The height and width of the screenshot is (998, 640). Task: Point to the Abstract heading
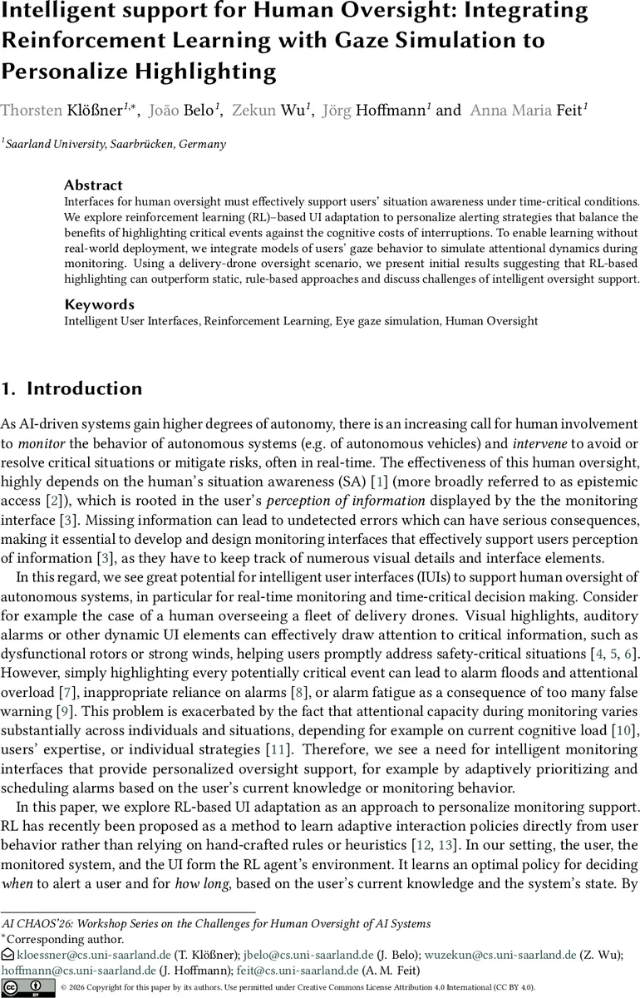[x=93, y=185]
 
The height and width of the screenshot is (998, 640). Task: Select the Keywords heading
[x=99, y=304]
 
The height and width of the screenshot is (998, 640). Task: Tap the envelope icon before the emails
[x=7, y=956]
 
